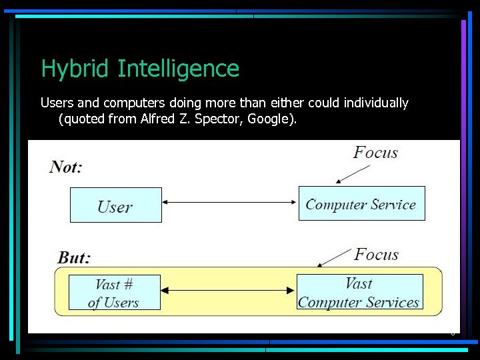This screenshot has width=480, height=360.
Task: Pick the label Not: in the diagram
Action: [x=65, y=167]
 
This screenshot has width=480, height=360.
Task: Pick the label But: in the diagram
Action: [x=74, y=257]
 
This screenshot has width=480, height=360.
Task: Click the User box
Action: [x=115, y=205]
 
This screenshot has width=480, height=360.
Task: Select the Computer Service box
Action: [x=361, y=203]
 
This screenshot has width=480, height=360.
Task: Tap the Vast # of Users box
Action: [x=114, y=293]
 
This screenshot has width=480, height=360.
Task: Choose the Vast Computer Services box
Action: [x=359, y=293]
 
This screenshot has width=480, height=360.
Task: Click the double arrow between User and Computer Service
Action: [x=230, y=202]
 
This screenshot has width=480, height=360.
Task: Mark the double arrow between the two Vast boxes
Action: [x=228, y=291]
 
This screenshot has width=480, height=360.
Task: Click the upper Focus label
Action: [x=375, y=153]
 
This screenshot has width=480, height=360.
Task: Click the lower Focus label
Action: [x=376, y=255]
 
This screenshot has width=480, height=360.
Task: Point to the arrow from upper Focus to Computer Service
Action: [x=352, y=174]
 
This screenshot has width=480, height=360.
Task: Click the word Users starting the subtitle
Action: [x=55, y=103]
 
